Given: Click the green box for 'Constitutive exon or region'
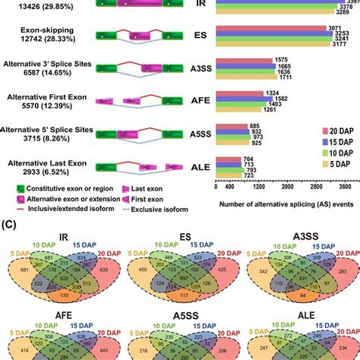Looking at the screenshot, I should pos(9,187).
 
